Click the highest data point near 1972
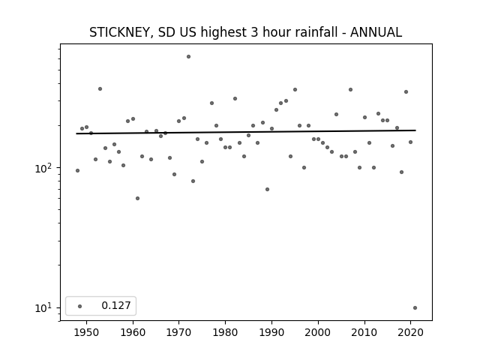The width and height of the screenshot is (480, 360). pyautogui.click(x=188, y=57)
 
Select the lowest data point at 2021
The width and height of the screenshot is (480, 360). pyautogui.click(x=415, y=308)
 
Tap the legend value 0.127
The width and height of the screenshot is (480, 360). pyautogui.click(x=116, y=305)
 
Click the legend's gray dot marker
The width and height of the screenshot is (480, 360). pyautogui.click(x=80, y=306)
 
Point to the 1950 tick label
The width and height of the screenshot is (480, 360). pyautogui.click(x=87, y=332)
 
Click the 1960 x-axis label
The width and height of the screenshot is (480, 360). pyautogui.click(x=133, y=332)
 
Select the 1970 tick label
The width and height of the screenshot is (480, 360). pyautogui.click(x=179, y=332)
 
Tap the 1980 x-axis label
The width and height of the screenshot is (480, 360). pyautogui.click(x=225, y=332)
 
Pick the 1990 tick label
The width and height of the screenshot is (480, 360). pyautogui.click(x=271, y=332)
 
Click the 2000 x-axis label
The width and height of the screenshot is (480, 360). pyautogui.click(x=318, y=332)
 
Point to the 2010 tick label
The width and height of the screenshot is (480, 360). pyautogui.click(x=364, y=332)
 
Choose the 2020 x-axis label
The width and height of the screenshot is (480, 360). pyautogui.click(x=410, y=332)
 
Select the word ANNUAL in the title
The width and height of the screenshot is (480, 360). pyautogui.click(x=376, y=32)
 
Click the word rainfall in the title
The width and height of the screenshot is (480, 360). pyautogui.click(x=316, y=32)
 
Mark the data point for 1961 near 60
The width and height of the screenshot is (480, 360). pyautogui.click(x=137, y=198)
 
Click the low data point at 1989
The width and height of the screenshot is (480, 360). pyautogui.click(x=267, y=190)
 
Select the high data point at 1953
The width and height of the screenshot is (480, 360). pyautogui.click(x=100, y=89)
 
